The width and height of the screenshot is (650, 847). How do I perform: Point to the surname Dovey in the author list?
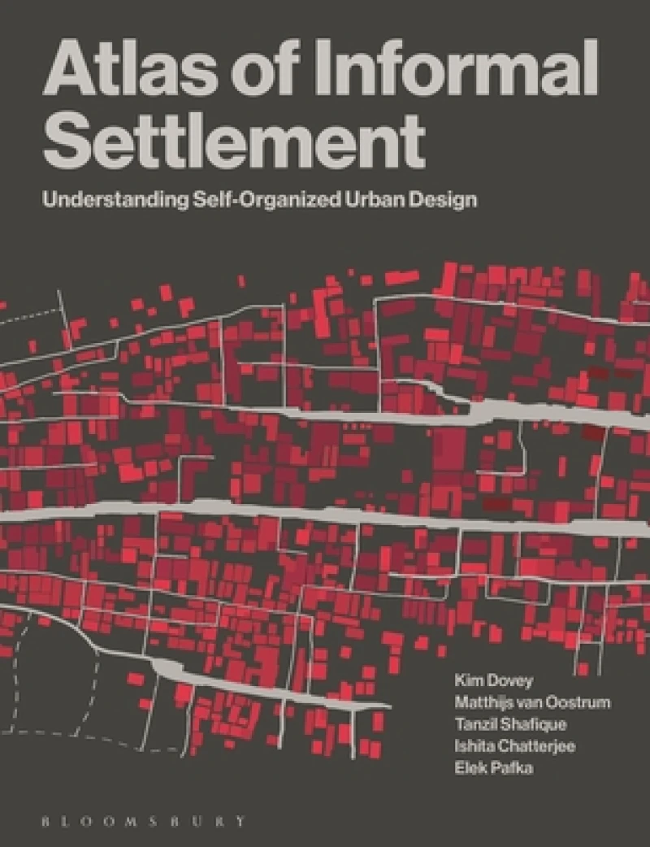505,680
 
